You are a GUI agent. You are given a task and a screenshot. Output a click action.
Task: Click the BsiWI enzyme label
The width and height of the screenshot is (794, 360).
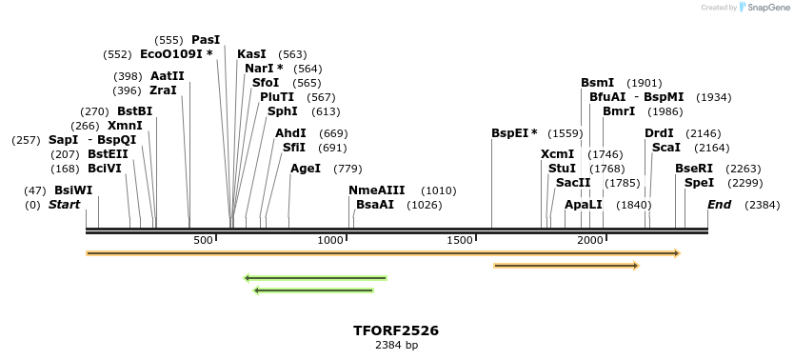[x=73, y=190]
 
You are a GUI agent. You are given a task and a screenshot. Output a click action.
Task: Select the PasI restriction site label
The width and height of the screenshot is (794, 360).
[x=206, y=40]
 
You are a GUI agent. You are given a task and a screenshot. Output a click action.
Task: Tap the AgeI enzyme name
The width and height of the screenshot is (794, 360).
[x=306, y=169]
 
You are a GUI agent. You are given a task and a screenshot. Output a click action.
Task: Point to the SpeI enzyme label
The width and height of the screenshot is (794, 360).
[x=699, y=183]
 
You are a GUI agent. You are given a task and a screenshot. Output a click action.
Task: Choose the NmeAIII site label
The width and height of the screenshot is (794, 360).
[x=377, y=190]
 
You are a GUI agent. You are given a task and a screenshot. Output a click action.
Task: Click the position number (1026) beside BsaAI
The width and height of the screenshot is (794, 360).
[x=424, y=205]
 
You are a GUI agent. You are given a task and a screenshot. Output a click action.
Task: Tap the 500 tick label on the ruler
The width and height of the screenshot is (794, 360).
[x=203, y=240]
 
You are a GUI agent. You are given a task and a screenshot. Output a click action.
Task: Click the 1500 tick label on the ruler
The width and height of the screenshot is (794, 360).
[x=460, y=240]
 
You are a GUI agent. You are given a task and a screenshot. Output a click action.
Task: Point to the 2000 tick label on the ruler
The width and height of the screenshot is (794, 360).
[x=589, y=240]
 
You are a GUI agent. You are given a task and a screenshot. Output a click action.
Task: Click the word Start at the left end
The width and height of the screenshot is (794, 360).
[x=65, y=205]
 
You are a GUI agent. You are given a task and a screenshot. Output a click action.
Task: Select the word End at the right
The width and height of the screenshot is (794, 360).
[x=719, y=205]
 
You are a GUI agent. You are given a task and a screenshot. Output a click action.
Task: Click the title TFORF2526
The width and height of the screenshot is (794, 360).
[x=396, y=330]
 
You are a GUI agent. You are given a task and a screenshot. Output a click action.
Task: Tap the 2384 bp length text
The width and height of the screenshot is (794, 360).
[x=396, y=346]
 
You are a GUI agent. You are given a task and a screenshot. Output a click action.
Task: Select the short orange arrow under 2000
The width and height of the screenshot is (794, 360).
[x=566, y=266]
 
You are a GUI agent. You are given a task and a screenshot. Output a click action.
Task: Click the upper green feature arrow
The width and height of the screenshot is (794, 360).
[x=315, y=278]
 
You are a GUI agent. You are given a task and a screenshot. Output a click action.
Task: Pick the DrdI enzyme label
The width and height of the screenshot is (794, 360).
[x=659, y=133]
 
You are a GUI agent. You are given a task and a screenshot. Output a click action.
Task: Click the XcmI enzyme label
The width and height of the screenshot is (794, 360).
[x=557, y=154]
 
